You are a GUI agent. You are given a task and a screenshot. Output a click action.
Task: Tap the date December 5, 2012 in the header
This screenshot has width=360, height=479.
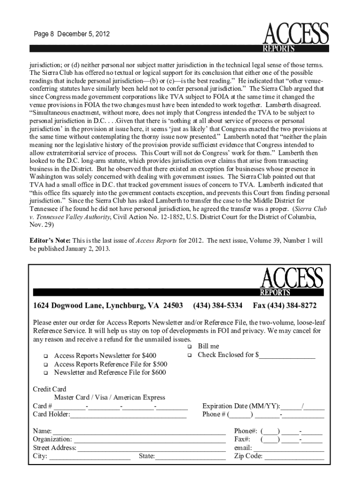point(87,35)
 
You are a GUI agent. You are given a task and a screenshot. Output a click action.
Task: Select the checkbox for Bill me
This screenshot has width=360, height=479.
point(190,347)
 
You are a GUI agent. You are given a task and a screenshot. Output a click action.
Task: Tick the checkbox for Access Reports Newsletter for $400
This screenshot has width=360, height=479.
point(46,356)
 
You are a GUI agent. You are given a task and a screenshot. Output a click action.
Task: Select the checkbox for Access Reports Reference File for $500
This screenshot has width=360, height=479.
point(46,364)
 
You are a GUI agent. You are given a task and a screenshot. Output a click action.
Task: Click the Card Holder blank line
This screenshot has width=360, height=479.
point(128,415)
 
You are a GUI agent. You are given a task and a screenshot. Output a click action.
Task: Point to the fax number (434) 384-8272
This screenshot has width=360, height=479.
point(285,306)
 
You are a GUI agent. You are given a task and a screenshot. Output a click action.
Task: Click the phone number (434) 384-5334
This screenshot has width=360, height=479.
point(217,306)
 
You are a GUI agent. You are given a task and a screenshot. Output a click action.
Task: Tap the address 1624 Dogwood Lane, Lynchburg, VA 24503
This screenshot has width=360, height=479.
point(108,306)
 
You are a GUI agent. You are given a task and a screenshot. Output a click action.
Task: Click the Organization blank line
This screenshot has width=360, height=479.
point(150,440)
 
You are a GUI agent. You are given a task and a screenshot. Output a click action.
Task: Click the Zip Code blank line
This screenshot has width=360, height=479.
point(294,457)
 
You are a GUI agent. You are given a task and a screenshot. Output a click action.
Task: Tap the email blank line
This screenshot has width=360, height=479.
point(294,449)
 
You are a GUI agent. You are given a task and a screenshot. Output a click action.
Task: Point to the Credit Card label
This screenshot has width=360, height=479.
point(50,389)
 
